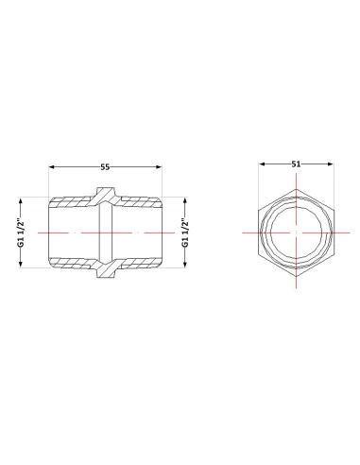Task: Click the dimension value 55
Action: pyautogui.click(x=105, y=167)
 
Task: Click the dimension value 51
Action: pyautogui.click(x=296, y=164)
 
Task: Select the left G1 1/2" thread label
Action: pyautogui.click(x=21, y=232)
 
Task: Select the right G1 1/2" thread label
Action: pyautogui.click(x=185, y=232)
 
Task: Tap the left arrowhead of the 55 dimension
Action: pyautogui.click(x=52, y=166)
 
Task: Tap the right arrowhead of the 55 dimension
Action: pyautogui.click(x=159, y=166)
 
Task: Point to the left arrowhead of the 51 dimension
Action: pyautogui.click(x=262, y=164)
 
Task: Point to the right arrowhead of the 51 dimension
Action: pyautogui.click(x=330, y=164)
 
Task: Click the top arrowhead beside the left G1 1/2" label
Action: pyautogui.click(x=21, y=201)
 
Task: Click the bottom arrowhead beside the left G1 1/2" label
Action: pyautogui.click(x=21, y=265)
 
